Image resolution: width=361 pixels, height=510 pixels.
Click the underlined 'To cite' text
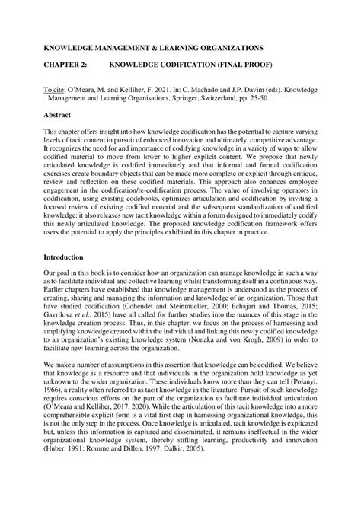56,90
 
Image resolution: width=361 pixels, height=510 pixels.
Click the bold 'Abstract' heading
58,115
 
